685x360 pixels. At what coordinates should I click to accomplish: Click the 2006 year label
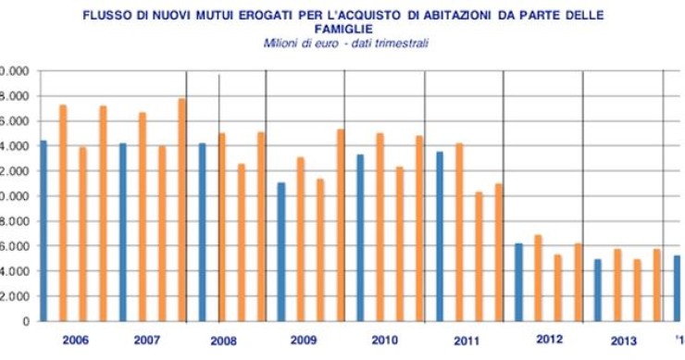point(76,340)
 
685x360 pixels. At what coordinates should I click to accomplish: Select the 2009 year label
point(304,341)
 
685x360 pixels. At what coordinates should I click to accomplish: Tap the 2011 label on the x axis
point(467,341)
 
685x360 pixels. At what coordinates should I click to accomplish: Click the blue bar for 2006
point(44,230)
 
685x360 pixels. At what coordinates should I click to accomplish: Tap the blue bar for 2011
point(440,236)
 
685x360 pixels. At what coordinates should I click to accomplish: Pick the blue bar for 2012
point(519,282)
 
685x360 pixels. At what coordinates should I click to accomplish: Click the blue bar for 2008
point(202,232)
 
